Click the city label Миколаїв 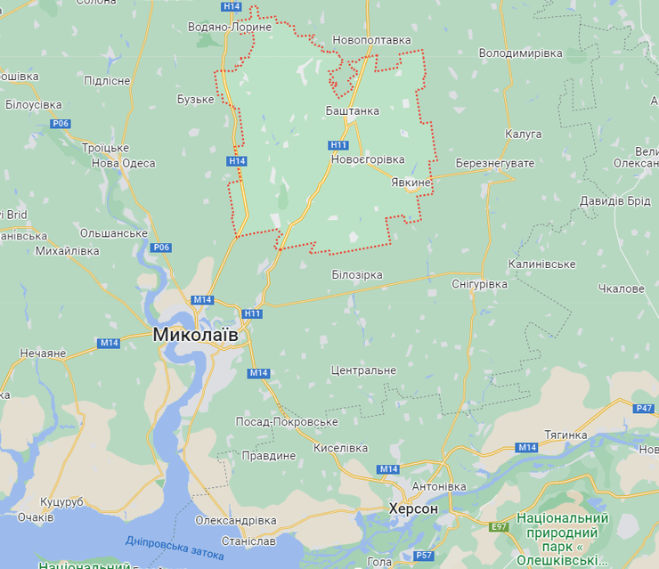click(x=195, y=335)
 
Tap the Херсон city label click(x=413, y=508)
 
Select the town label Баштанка click(x=352, y=111)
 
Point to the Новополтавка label click(x=371, y=40)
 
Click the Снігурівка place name click(x=479, y=284)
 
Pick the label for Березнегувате click(x=494, y=164)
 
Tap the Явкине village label click(x=411, y=183)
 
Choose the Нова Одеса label click(x=123, y=163)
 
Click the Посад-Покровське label click(x=287, y=421)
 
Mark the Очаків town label click(x=36, y=517)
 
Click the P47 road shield click(x=645, y=408)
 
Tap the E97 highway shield click(x=499, y=527)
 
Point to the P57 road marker click(x=424, y=556)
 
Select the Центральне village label click(x=362, y=370)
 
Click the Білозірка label click(x=356, y=275)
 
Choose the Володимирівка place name click(x=521, y=53)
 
